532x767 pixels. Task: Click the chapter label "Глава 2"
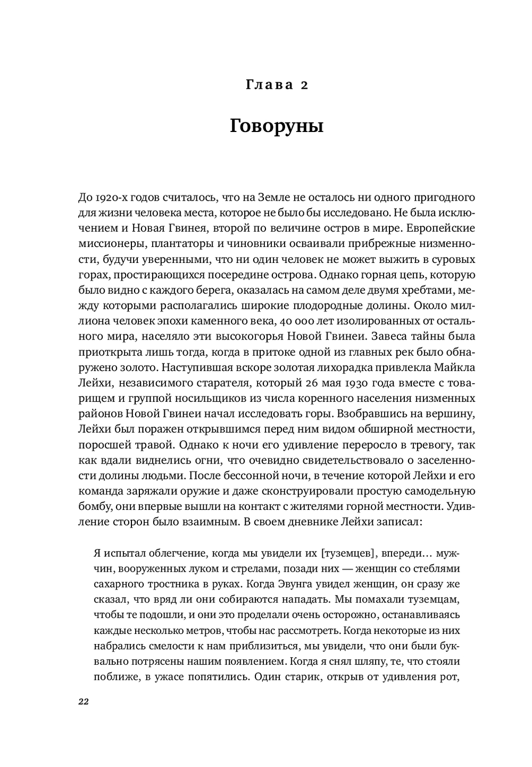click(277, 85)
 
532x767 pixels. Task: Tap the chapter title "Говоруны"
click(277, 127)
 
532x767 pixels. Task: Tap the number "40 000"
click(306, 321)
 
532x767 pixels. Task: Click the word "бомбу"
click(93, 507)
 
